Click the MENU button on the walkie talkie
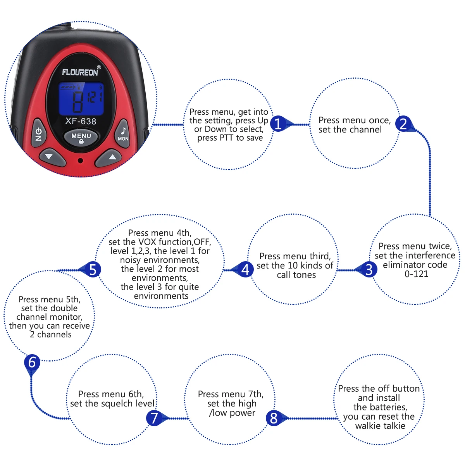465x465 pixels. [x=81, y=138]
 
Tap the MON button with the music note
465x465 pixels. [x=123, y=134]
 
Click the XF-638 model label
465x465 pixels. [x=81, y=121]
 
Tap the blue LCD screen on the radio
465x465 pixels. [x=81, y=99]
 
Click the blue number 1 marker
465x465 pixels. [x=278, y=124]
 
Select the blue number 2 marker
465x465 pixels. [x=403, y=124]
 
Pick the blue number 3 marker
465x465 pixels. [x=369, y=270]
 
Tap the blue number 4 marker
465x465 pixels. [x=245, y=270]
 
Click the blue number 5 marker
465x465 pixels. [x=93, y=270]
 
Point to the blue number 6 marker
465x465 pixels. [x=32, y=362]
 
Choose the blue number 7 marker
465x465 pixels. [x=154, y=418]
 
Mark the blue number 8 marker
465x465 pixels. [x=274, y=418]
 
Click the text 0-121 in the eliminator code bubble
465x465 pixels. [x=416, y=274]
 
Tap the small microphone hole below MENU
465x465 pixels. [x=81, y=160]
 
